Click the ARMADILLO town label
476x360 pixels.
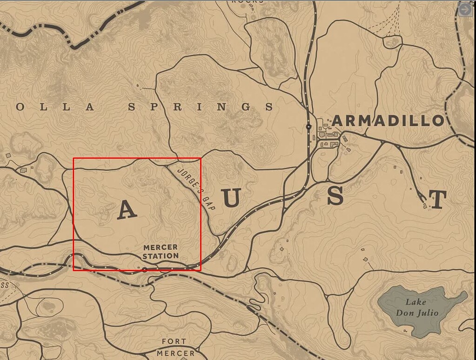388,121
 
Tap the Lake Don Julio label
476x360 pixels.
417,307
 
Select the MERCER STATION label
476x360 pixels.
161,252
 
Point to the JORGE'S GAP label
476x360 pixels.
196,188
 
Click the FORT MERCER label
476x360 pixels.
175,347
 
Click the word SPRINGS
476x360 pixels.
201,107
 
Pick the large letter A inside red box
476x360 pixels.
127,210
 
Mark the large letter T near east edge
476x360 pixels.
438,200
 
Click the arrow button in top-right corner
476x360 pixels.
465,10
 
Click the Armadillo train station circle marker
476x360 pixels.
308,127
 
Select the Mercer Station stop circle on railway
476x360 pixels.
144,269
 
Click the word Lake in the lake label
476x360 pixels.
416,302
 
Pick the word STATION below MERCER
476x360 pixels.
161,256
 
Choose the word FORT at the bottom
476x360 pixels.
174,342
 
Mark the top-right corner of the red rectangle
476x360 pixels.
201,158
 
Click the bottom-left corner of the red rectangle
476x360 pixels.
74,270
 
